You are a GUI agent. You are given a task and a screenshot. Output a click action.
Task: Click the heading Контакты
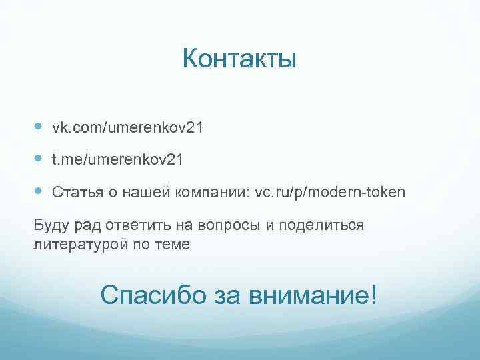(x=239, y=60)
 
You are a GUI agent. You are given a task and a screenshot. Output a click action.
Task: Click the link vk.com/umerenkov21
(x=127, y=127)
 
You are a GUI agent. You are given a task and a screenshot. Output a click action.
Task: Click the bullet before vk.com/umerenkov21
(x=38, y=126)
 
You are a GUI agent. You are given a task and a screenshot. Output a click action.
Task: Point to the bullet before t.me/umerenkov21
(x=38, y=159)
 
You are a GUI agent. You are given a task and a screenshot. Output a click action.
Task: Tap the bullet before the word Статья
(x=38, y=191)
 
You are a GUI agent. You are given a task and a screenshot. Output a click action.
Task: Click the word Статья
(x=73, y=193)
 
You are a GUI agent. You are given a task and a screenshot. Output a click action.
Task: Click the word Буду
(x=50, y=225)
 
